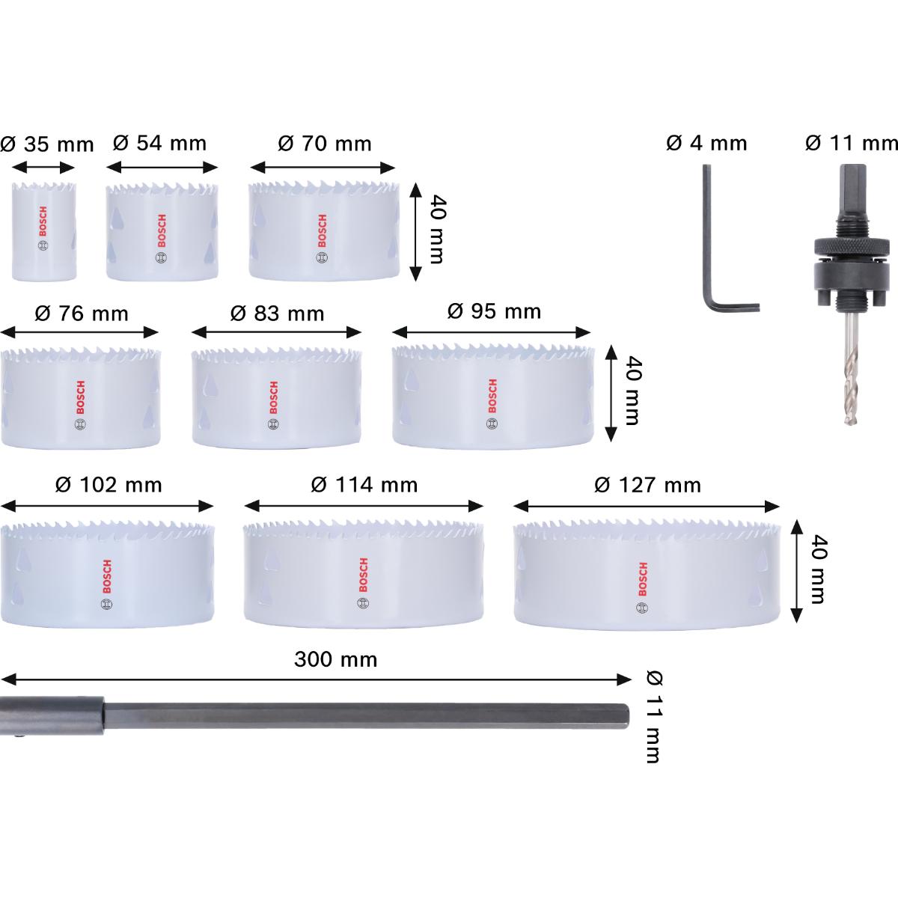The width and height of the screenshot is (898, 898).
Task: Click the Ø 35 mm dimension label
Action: point(47,144)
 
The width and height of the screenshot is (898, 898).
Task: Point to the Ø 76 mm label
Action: point(82,313)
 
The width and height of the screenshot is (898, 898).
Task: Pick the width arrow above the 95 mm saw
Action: point(492,332)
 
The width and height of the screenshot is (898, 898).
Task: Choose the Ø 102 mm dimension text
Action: point(109,485)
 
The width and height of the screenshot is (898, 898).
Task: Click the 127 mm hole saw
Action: point(647,572)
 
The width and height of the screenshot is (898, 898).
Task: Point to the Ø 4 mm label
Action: point(706,143)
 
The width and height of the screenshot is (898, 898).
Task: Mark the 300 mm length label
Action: point(335,659)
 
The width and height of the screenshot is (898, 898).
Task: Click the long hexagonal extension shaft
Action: point(359,716)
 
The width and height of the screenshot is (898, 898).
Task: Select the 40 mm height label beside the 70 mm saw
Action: point(435,230)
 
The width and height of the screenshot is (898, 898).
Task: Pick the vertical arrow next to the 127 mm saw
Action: point(797,561)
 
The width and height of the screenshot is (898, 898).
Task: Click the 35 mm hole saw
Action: point(43,230)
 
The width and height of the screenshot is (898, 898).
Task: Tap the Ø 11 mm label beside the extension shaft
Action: point(653,716)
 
